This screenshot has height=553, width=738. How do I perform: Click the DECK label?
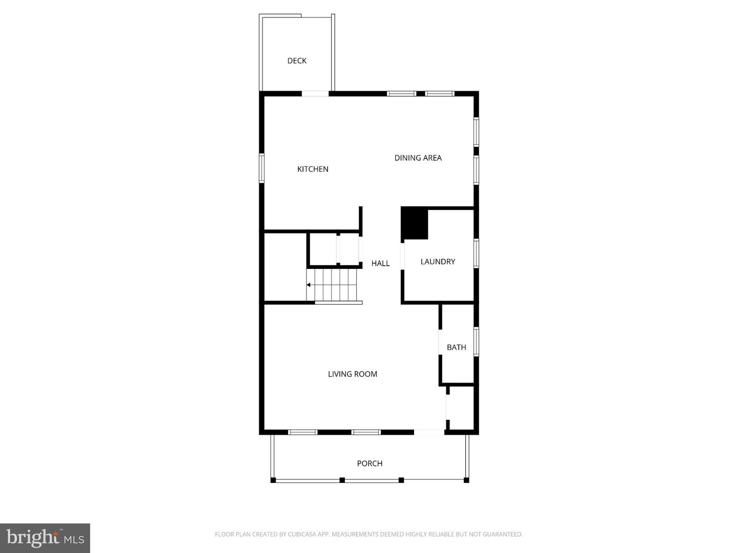(297, 61)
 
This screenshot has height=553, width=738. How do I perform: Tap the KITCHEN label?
(313, 169)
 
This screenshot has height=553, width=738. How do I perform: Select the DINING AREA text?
(418, 158)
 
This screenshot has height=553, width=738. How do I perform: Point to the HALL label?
(380, 263)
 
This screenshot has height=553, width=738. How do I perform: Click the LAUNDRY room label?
(438, 262)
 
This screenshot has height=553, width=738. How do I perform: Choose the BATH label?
(456, 347)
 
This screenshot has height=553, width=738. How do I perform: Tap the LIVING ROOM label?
(353, 374)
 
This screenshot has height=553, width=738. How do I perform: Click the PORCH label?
(370, 463)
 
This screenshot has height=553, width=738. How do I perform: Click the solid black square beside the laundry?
(415, 223)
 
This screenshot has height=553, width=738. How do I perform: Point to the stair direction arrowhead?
(309, 285)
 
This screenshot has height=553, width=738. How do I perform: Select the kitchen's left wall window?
(261, 168)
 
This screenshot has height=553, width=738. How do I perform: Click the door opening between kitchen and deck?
(315, 94)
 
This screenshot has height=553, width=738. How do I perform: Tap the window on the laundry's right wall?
(476, 253)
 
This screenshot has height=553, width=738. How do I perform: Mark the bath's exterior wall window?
(476, 342)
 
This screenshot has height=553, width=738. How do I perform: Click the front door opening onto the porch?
(429, 433)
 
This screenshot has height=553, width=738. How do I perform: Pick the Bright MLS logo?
(45, 538)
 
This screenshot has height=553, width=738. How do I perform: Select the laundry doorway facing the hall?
(403, 256)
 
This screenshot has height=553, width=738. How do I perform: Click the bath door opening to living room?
(440, 342)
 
